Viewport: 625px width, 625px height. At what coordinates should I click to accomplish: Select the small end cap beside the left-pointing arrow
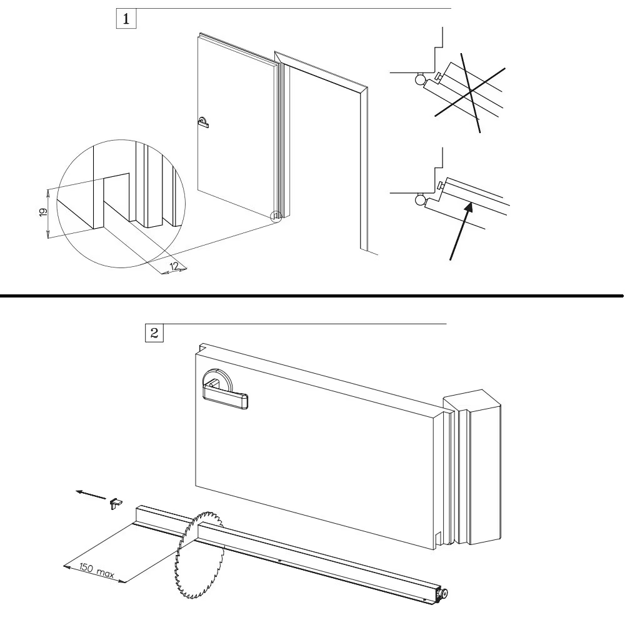click(116, 503)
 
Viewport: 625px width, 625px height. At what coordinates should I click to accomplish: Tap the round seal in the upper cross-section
click(418, 79)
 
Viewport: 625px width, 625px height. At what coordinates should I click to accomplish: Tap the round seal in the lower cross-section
click(418, 200)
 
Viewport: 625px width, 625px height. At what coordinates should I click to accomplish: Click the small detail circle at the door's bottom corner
click(276, 217)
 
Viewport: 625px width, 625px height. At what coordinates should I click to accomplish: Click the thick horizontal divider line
click(312, 293)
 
